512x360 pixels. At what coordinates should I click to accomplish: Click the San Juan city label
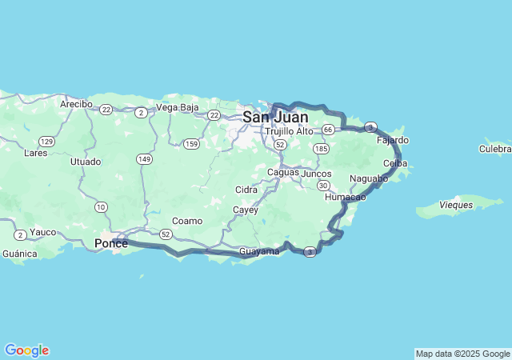[x=275, y=117]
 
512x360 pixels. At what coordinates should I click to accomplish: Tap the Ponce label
[x=111, y=243]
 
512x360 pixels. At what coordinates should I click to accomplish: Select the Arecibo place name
[x=77, y=104]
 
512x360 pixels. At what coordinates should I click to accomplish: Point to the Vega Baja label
[x=177, y=107]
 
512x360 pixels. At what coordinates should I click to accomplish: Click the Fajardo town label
[x=392, y=140]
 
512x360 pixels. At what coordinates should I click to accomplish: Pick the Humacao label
[x=346, y=197]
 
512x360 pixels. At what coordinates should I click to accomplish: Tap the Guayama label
[x=259, y=251]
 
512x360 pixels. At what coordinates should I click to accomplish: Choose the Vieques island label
[x=456, y=206]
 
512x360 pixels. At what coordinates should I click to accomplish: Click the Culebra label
[x=495, y=149]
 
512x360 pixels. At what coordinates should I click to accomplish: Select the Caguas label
[x=282, y=172]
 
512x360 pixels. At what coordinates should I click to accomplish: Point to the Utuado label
[x=86, y=162]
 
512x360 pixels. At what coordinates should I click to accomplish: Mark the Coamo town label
[x=187, y=221]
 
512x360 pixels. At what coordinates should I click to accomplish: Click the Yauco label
[x=42, y=232]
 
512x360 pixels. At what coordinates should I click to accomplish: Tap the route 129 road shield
[x=47, y=142]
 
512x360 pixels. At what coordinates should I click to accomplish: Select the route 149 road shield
[x=144, y=159]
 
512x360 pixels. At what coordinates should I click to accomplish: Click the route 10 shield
[x=101, y=207]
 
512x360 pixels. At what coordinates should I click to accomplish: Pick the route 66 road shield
[x=328, y=129]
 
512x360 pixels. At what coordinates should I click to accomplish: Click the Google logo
[x=26, y=350]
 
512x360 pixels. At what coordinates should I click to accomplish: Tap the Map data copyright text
[x=462, y=354]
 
